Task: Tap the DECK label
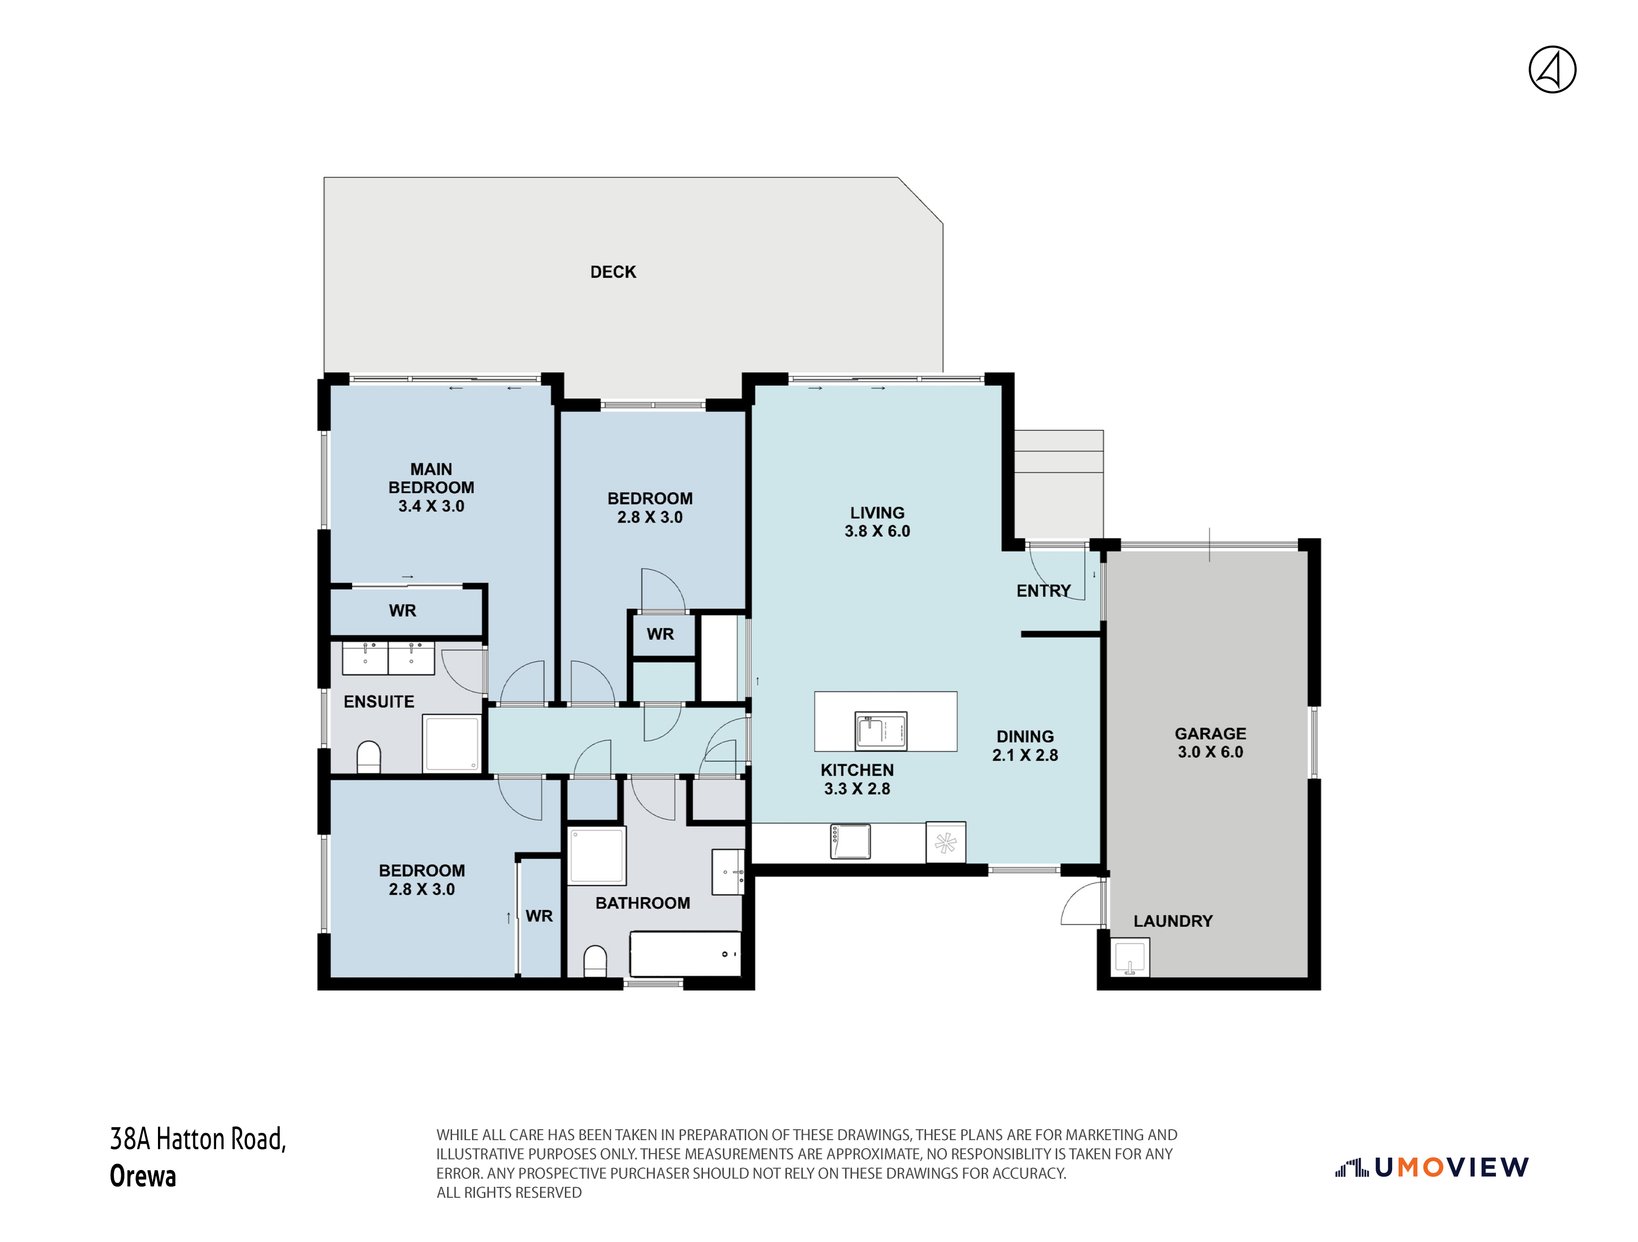613,272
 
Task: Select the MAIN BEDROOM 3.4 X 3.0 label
431,487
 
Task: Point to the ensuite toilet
369,757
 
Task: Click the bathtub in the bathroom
685,954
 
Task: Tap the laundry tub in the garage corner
1131,956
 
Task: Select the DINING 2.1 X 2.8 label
1025,745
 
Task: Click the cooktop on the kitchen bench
850,842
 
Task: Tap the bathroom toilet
595,961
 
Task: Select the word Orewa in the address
143,1175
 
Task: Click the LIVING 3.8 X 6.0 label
877,521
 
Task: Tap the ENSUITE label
379,701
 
